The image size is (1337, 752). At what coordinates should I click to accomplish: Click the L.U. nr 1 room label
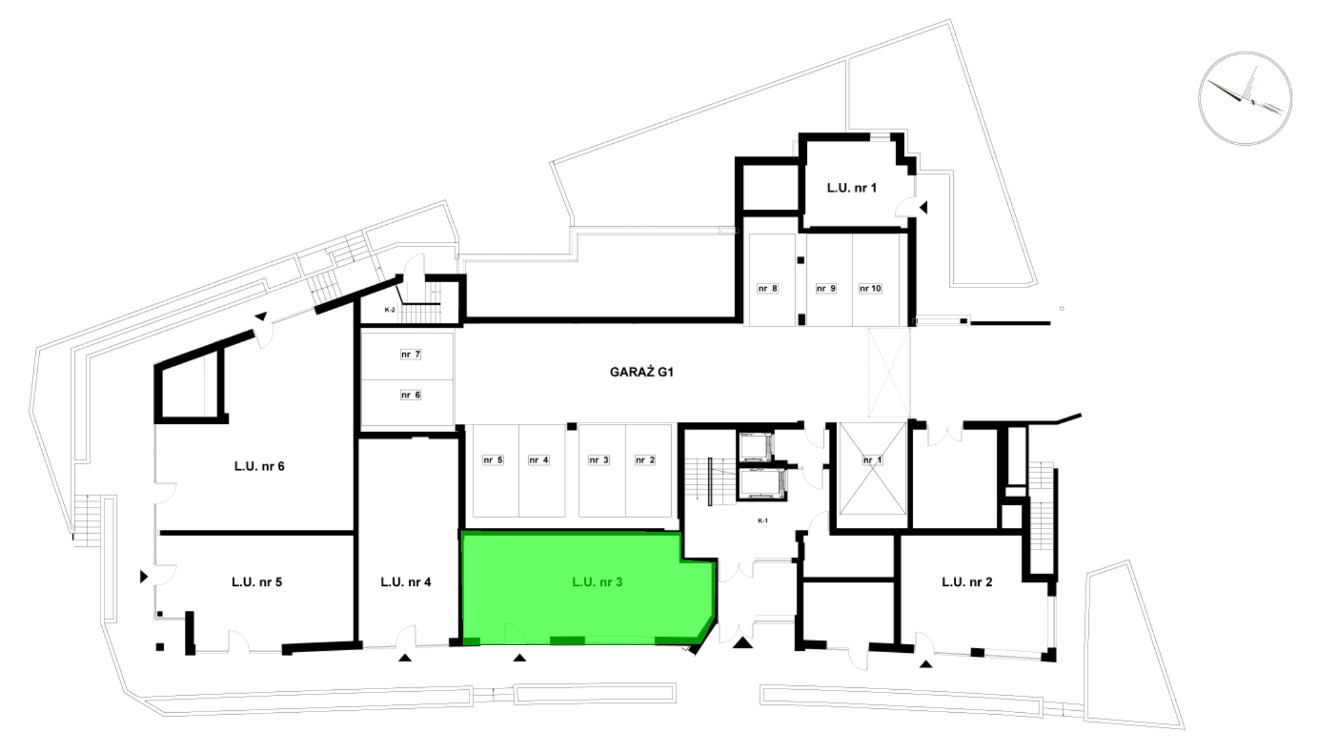pyautogui.click(x=851, y=188)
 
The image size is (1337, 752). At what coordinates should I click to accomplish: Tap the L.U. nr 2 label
pyautogui.click(x=967, y=582)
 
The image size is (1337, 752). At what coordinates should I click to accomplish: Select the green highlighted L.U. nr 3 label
pyautogui.click(x=597, y=582)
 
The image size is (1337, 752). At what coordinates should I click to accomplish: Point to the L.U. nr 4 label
pyautogui.click(x=405, y=582)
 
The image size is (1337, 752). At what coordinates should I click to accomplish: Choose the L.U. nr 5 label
pyautogui.click(x=257, y=582)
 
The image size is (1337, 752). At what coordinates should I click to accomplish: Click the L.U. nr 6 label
pyautogui.click(x=259, y=466)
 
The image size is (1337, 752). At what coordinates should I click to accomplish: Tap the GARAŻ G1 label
pyautogui.click(x=642, y=372)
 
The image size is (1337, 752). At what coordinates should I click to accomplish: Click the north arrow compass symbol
pyautogui.click(x=1245, y=98)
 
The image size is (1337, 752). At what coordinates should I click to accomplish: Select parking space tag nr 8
pyautogui.click(x=767, y=288)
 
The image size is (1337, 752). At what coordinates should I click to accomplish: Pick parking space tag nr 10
pyautogui.click(x=870, y=288)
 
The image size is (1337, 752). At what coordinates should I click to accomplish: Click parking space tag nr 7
pyautogui.click(x=411, y=354)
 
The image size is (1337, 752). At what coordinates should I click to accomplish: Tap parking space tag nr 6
pyautogui.click(x=411, y=395)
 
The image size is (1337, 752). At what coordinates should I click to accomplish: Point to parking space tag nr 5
pyautogui.click(x=493, y=460)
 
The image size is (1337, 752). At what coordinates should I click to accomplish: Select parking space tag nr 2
pyautogui.click(x=645, y=460)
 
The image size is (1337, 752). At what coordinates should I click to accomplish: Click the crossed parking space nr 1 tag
pyautogui.click(x=872, y=460)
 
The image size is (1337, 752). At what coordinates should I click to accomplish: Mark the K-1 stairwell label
pyautogui.click(x=763, y=521)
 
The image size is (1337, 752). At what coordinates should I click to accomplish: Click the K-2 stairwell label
pyautogui.click(x=390, y=310)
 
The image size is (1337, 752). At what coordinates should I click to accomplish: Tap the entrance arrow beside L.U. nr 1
pyautogui.click(x=923, y=207)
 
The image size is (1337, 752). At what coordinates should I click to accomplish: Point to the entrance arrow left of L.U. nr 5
pyautogui.click(x=144, y=577)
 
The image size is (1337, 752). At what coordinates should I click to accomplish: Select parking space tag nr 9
pyautogui.click(x=826, y=288)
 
